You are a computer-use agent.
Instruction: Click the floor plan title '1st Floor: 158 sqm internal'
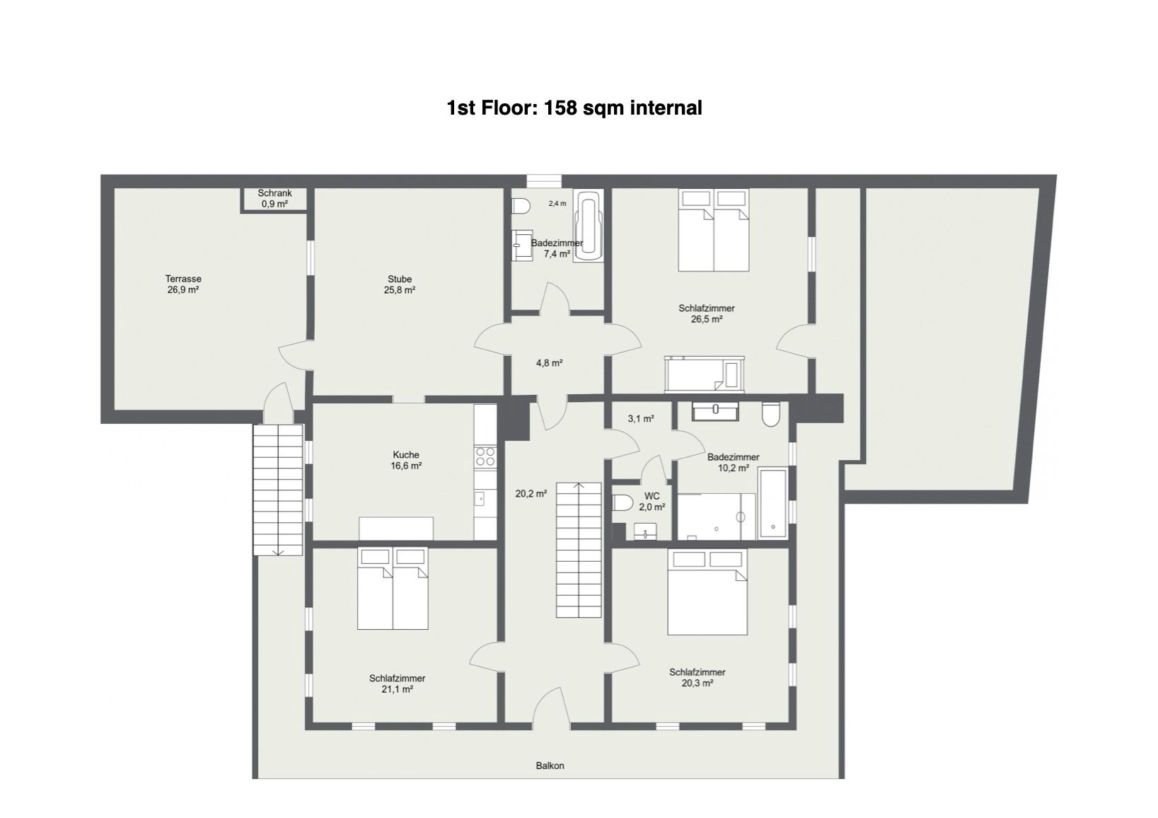click(574, 108)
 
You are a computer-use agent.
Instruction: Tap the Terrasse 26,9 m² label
click(183, 284)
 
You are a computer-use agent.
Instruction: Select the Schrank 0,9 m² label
click(274, 199)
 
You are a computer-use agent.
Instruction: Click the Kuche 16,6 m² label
click(406, 461)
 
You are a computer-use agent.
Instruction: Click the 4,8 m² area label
click(549, 363)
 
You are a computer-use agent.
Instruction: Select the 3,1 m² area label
click(641, 419)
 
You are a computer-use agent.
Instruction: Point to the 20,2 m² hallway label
click(531, 494)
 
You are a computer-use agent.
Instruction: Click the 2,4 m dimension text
click(557, 204)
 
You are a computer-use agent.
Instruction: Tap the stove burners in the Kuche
click(485, 456)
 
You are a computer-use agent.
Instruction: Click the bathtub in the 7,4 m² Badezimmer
click(589, 226)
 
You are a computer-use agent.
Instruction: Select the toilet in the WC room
click(623, 502)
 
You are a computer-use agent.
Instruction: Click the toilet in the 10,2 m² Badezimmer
click(771, 414)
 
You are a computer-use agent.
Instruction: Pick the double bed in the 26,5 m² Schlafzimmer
click(714, 230)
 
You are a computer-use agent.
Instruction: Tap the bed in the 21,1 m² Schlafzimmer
click(393, 589)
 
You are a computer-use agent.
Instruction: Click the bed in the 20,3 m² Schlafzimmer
click(707, 592)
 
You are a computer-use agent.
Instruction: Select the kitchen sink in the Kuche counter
click(480, 498)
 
